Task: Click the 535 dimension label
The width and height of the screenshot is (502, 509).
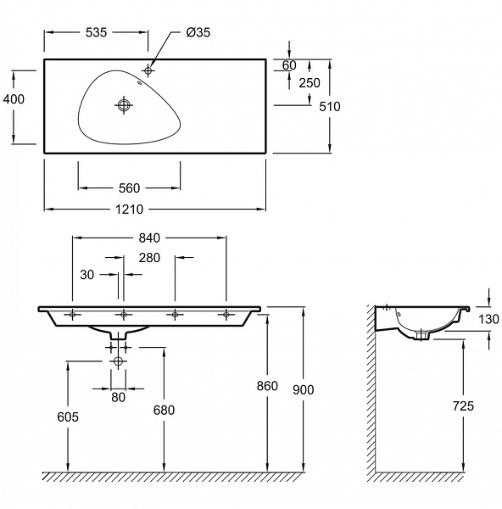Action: click(96, 32)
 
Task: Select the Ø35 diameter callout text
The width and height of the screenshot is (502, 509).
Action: click(198, 32)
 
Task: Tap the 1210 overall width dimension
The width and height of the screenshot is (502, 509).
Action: click(129, 210)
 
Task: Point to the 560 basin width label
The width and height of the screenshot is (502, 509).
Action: click(129, 188)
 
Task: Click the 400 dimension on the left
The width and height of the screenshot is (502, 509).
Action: click(14, 99)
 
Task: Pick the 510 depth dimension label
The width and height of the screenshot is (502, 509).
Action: click(330, 107)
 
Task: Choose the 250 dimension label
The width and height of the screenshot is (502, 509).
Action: click(310, 83)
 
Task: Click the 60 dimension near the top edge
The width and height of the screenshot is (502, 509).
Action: click(289, 65)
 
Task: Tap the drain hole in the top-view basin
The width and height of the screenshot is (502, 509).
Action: click(124, 104)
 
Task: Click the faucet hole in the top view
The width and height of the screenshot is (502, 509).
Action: click(148, 70)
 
